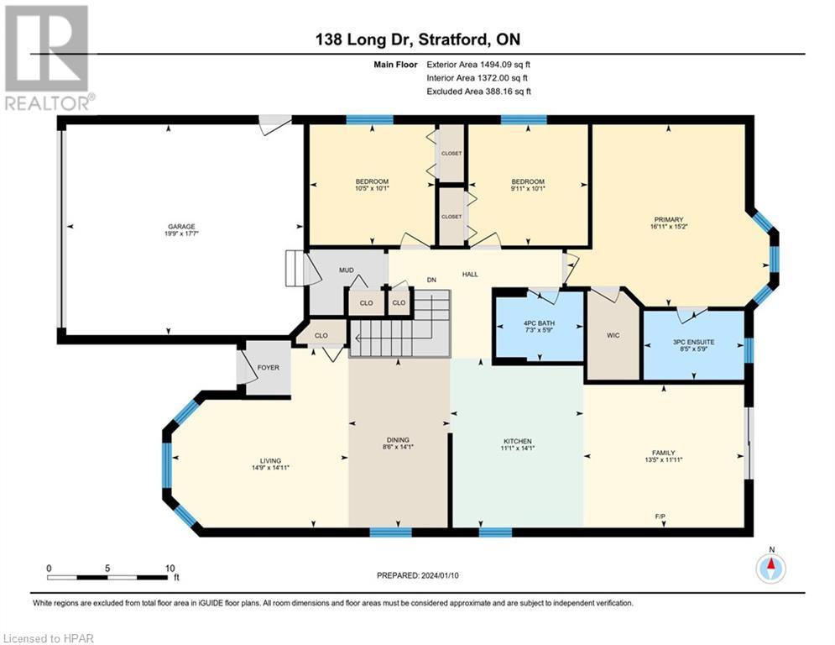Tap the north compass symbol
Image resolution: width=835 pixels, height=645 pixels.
coord(770,568)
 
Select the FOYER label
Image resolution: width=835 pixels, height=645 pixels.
coord(269,368)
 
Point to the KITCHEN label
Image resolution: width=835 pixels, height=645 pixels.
coord(518,442)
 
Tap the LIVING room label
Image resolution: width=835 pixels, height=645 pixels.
coord(270,460)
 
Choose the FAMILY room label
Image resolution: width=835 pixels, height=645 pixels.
coord(663,453)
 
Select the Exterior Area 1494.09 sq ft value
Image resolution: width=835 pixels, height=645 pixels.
coord(478,64)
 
